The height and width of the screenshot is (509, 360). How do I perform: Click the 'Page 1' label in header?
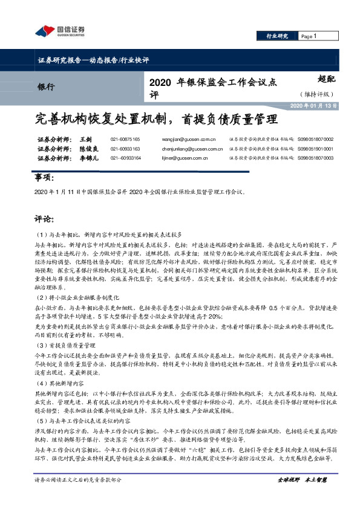tap(309, 37)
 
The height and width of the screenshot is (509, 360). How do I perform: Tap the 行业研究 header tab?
tap(277, 37)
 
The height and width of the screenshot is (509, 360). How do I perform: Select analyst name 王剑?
tap(85, 139)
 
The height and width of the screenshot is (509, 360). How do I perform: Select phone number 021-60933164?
tap(125, 158)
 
